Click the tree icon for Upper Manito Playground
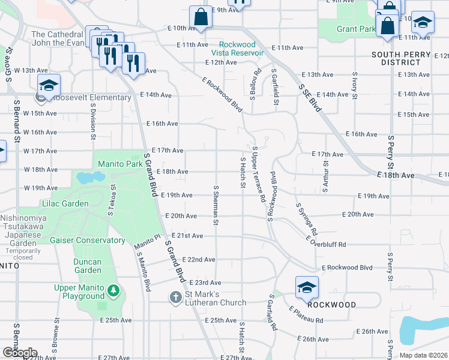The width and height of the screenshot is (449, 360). [x=113, y=292]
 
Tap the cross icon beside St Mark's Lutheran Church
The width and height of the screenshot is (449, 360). [x=175, y=297]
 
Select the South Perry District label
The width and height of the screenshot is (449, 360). [x=401, y=58]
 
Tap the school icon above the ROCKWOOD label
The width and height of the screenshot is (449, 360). [x=307, y=287]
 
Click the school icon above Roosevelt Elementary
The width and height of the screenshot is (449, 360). [x=49, y=85]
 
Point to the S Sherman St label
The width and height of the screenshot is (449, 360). [x=215, y=205]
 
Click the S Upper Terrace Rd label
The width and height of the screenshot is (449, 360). [x=258, y=173]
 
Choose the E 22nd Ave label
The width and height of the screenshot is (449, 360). [x=197, y=259]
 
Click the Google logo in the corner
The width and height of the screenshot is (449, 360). [x=19, y=353]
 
